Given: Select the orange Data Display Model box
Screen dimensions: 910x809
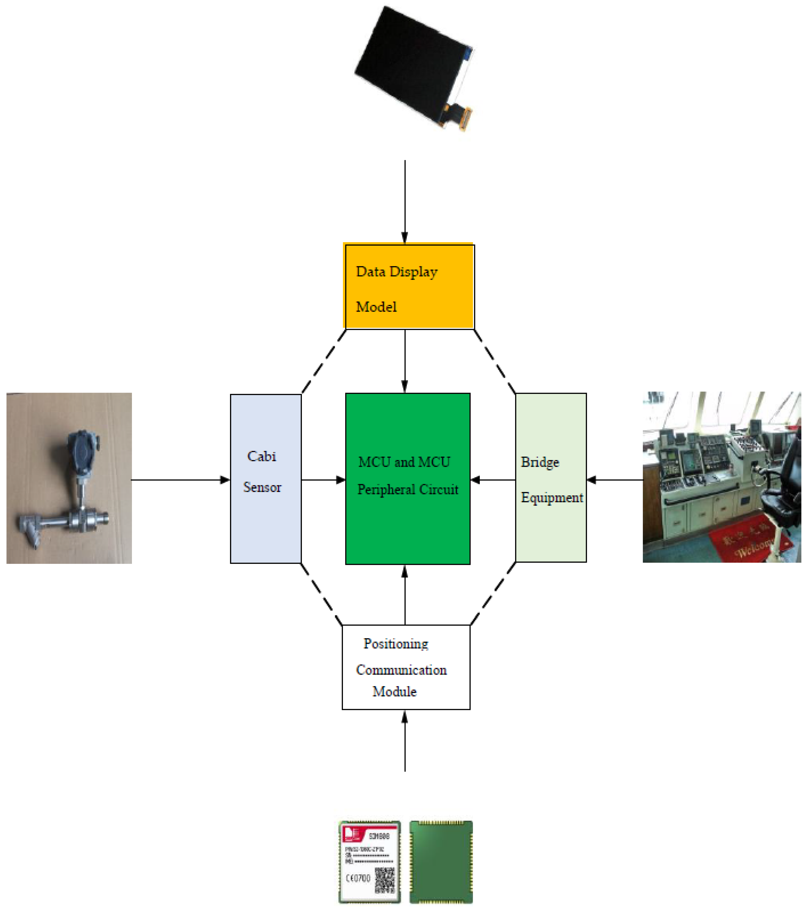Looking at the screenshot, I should [409, 287].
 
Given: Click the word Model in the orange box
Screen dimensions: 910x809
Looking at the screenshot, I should [376, 307].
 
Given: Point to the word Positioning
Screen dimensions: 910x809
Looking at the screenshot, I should [396, 644].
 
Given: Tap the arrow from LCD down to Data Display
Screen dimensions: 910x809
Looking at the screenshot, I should [405, 200].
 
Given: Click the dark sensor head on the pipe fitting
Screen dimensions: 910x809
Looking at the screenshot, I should [82, 450].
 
